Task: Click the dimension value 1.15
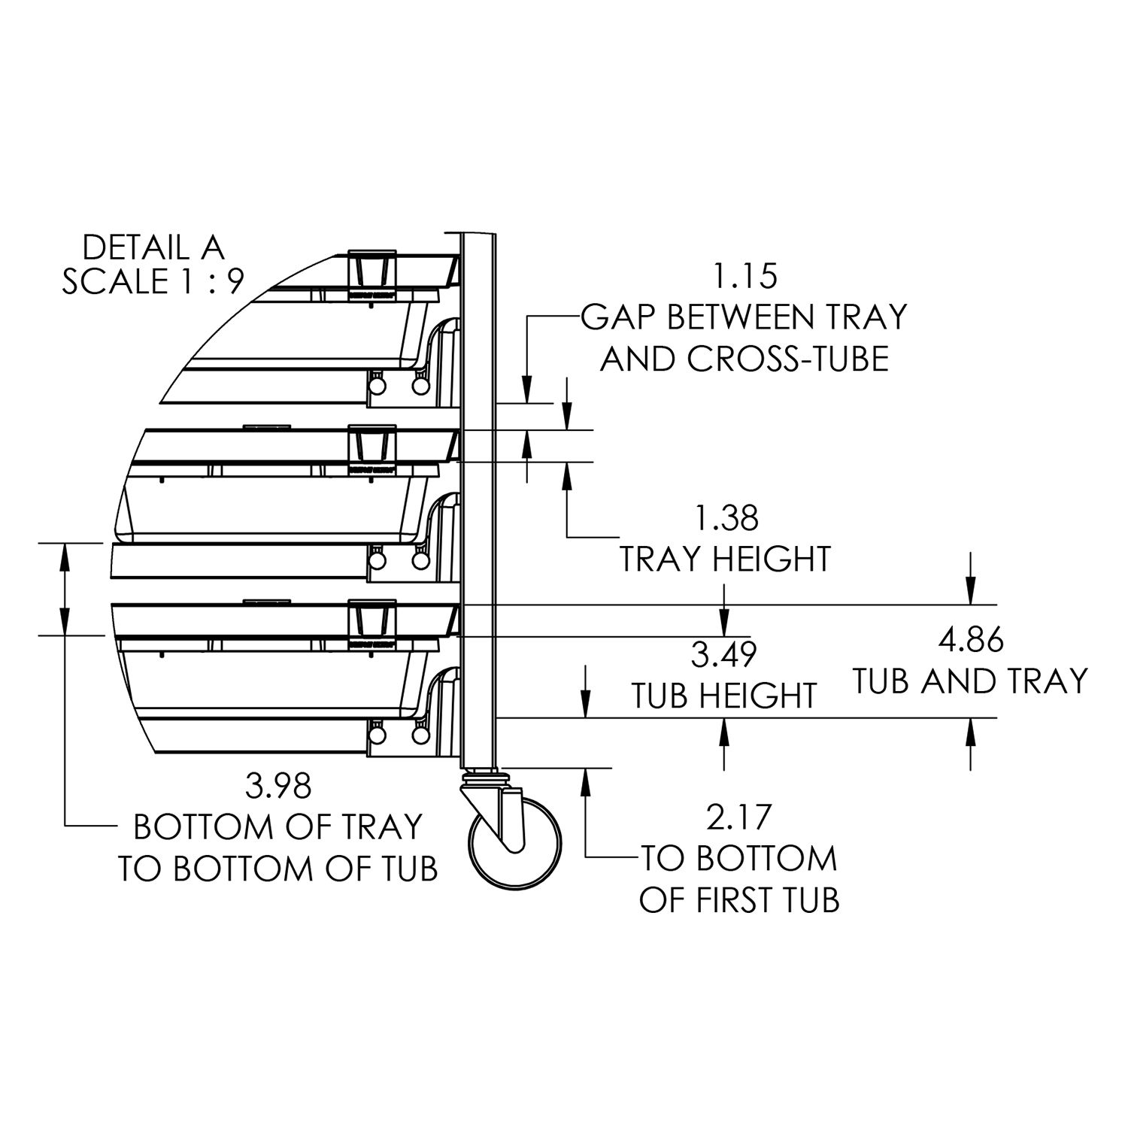click(744, 277)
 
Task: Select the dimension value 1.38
click(726, 519)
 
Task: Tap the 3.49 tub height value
click(723, 655)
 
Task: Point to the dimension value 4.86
click(970, 641)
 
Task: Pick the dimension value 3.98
click(278, 787)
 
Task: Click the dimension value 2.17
click(740, 817)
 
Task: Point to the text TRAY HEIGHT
click(725, 559)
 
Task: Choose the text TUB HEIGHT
click(723, 696)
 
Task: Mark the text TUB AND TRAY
click(970, 681)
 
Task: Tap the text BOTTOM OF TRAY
click(278, 827)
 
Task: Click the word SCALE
click(115, 281)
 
